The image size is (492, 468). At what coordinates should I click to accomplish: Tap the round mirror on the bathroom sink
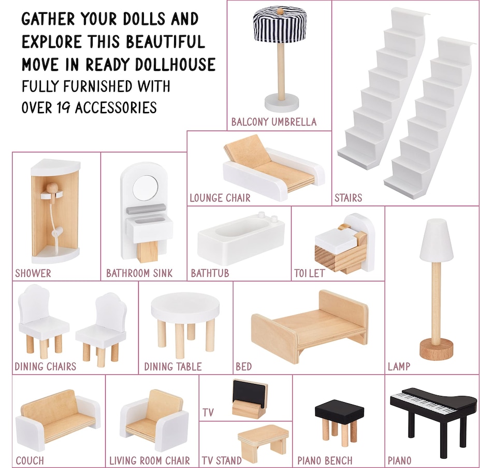click(146, 188)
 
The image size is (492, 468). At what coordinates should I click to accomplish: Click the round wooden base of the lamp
click(437, 349)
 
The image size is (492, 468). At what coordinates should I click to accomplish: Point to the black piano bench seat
click(339, 410)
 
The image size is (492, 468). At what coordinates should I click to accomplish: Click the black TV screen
click(249, 392)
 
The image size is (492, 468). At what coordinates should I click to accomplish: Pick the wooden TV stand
click(263, 438)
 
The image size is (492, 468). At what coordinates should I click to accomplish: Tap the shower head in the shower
click(52, 189)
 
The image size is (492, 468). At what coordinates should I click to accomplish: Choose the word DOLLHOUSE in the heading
click(176, 64)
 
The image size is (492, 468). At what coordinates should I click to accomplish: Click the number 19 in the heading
click(64, 108)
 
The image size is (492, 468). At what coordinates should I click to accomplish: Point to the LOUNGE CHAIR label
click(220, 198)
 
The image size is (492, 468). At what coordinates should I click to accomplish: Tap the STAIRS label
click(349, 198)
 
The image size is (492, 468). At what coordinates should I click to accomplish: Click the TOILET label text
click(309, 273)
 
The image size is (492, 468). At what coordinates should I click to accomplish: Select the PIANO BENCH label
click(325, 460)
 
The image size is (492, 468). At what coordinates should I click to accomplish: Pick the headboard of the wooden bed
click(343, 307)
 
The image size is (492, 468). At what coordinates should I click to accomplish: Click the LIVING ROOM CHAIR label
click(149, 460)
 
